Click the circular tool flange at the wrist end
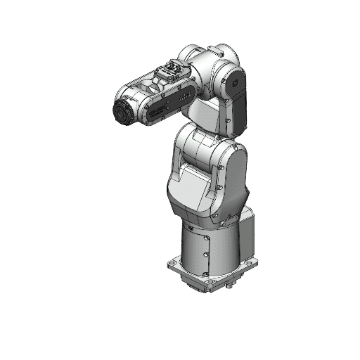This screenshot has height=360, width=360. click(x=122, y=111)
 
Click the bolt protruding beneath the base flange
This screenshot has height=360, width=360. click(x=229, y=287)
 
